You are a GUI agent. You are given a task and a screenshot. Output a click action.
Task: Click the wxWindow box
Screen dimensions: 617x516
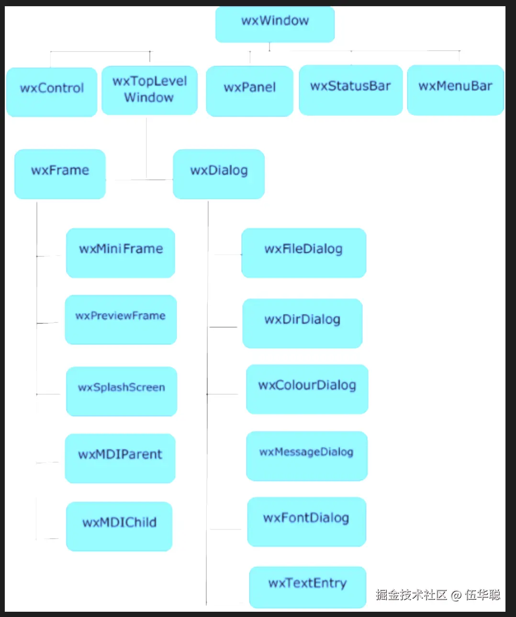pos(275,23)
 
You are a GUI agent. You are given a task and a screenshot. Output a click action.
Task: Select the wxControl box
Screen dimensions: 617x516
pos(52,91)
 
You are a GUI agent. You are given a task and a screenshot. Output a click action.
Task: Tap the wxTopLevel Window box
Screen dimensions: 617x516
pos(149,90)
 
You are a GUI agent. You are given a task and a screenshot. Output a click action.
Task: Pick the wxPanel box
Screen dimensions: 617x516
pos(249,91)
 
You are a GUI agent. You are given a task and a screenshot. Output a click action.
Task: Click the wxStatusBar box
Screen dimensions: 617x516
pos(350,89)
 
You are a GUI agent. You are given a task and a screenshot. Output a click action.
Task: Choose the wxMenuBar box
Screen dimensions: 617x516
pos(455,89)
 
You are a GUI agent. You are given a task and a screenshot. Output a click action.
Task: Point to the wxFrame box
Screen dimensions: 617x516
pos(60,174)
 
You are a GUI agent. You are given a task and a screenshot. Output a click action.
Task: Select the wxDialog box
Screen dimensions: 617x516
pos(219,174)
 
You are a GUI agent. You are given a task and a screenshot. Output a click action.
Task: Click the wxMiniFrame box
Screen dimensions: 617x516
pos(121,253)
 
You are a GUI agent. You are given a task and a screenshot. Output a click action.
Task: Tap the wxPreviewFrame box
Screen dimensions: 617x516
pos(121,320)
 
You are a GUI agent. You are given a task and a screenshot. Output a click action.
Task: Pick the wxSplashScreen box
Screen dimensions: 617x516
pos(122,391)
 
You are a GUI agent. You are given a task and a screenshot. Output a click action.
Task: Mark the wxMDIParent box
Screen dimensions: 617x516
pos(120,458)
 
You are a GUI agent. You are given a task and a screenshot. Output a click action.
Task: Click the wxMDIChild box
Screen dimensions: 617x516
pos(119,526)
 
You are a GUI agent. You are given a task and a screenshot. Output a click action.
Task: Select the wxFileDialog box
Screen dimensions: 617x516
pos(303,253)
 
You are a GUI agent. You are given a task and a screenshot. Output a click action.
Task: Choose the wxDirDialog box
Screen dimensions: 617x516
pos(302,323)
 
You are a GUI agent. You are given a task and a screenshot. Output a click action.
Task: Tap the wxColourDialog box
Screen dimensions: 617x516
pos(307,389)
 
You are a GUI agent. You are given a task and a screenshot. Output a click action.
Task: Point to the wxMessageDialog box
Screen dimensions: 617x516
pos(306,455)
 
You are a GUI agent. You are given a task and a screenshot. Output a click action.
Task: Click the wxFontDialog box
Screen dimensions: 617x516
pos(306,521)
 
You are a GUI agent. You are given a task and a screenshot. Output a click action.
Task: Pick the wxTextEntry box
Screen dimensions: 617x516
pos(307,587)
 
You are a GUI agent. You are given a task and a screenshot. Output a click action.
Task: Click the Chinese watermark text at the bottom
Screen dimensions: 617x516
pos(437,595)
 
